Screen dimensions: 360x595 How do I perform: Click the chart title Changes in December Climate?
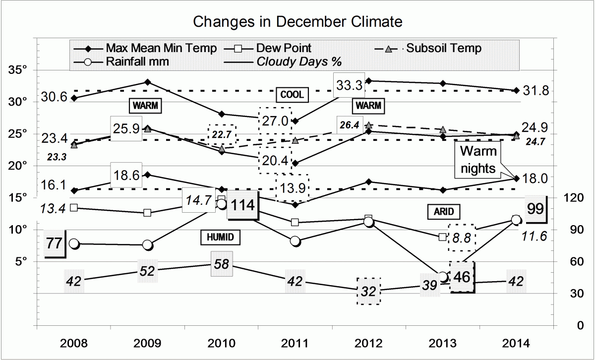[x=297, y=22]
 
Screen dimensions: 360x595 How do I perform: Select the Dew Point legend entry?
[x=284, y=48]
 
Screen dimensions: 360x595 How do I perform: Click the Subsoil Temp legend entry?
[x=443, y=48]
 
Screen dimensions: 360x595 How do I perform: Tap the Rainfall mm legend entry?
[x=137, y=62]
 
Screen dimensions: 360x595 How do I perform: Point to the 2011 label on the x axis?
[x=296, y=343]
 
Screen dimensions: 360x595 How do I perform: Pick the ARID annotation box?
[x=441, y=212]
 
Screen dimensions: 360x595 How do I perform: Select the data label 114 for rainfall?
[x=243, y=205]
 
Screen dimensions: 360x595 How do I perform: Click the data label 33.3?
[x=349, y=85]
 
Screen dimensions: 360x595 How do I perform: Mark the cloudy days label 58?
[x=221, y=263]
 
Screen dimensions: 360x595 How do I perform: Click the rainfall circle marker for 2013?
[x=443, y=277]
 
